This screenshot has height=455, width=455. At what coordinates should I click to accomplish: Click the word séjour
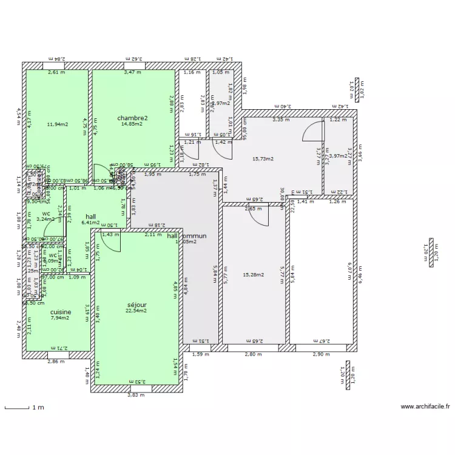pos(136,305)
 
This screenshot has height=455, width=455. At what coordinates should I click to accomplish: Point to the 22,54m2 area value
pos(136,311)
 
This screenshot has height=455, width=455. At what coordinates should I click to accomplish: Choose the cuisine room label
pos(61,312)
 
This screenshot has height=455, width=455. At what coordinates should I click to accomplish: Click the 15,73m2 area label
pos(263,159)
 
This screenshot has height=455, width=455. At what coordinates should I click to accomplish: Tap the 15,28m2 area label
pos(253,275)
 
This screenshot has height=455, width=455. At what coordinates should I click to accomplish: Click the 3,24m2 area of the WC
pos(45,219)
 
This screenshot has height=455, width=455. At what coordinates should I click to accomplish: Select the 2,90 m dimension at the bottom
pos(322,354)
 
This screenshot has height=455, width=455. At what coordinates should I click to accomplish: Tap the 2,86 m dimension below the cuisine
pos(56,362)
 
